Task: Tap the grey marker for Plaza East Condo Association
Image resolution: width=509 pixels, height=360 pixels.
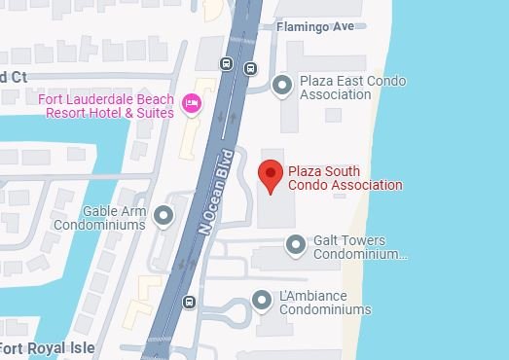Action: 282,87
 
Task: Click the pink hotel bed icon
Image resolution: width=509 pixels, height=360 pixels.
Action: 192,100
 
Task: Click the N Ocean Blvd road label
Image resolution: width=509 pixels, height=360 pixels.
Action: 217,192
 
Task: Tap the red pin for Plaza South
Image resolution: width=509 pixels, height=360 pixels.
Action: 271,175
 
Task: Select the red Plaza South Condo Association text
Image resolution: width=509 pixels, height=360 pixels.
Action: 345,178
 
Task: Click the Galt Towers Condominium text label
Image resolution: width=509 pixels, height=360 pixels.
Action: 359,247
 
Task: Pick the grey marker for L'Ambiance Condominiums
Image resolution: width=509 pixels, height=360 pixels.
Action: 262,301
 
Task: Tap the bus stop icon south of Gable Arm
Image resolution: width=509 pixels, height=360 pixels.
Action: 188,301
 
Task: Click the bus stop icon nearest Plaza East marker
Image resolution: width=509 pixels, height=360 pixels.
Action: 250,68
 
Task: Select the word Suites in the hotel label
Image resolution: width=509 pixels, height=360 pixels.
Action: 155,113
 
